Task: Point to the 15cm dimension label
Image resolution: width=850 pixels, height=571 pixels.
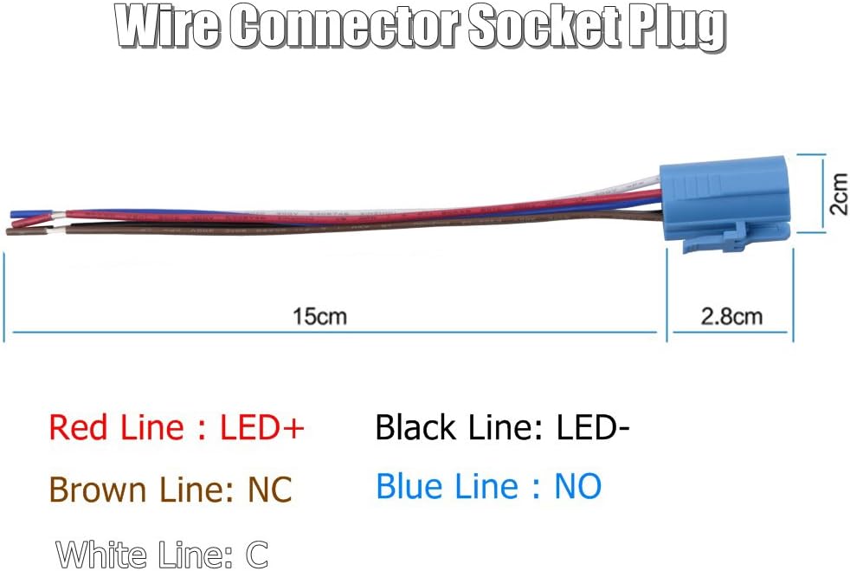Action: (319, 316)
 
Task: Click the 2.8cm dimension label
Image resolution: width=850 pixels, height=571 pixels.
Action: (731, 316)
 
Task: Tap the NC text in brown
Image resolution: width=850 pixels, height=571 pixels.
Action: (269, 490)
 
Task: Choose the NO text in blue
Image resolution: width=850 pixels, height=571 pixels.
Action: (577, 487)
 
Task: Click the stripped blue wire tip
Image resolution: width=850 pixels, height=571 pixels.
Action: (20, 212)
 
